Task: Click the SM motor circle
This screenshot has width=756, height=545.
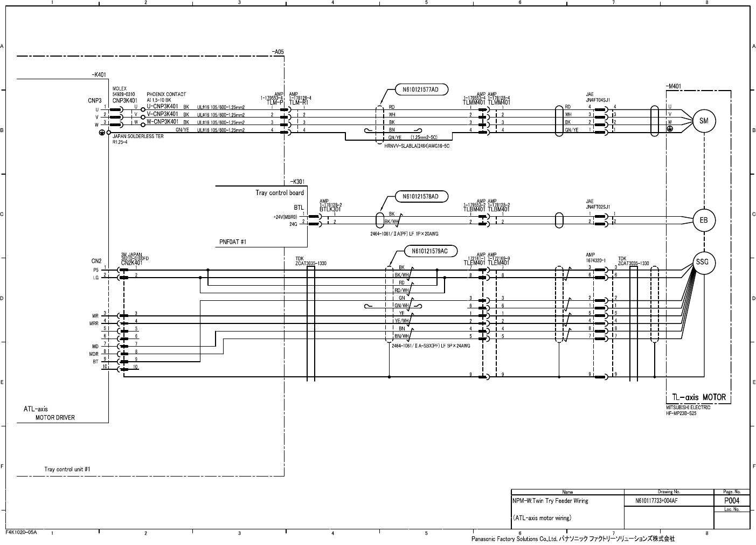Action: pyautogui.click(x=703, y=121)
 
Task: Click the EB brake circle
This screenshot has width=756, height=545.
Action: pyautogui.click(x=703, y=220)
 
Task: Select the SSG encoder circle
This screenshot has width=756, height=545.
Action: pyautogui.click(x=703, y=263)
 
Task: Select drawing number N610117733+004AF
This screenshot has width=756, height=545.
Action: pyautogui.click(x=656, y=501)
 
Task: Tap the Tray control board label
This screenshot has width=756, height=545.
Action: pyautogui.click(x=279, y=192)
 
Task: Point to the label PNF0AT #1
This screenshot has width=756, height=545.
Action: pyautogui.click(x=233, y=242)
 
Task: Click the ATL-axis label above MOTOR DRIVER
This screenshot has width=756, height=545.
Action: pyautogui.click(x=36, y=409)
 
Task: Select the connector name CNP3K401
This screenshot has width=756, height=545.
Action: pyautogui.click(x=125, y=101)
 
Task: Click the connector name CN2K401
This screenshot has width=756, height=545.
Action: pyautogui.click(x=132, y=263)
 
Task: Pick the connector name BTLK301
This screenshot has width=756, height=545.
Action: pyautogui.click(x=330, y=209)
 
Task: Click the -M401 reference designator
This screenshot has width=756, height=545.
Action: pyautogui.click(x=674, y=86)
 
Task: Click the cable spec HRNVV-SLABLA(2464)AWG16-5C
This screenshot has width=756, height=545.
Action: pyautogui.click(x=417, y=146)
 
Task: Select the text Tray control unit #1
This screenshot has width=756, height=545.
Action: pyautogui.click(x=67, y=469)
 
